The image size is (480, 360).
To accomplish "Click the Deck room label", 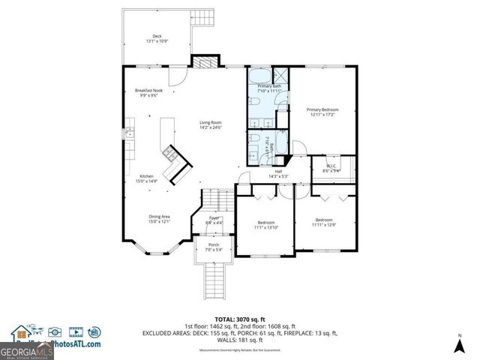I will (157, 38).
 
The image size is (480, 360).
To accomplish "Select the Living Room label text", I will (211, 124).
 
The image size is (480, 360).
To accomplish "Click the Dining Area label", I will (159, 218).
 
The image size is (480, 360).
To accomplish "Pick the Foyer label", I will (213, 220).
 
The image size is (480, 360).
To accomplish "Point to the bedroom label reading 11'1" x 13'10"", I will (266, 224).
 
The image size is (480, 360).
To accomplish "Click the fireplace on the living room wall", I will (203, 62).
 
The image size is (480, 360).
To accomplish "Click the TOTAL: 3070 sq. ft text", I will (240, 319).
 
